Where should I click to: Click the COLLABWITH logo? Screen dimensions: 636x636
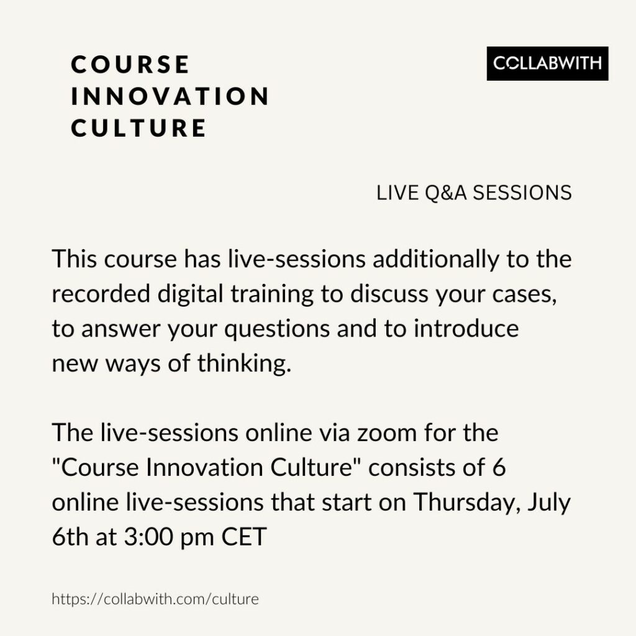547,63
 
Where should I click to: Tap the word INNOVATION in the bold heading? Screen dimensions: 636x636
170,96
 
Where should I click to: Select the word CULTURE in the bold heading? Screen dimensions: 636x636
139,128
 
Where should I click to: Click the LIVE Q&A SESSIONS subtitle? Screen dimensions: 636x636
474,193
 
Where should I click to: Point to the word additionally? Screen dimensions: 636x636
435,259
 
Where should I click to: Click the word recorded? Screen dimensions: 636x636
101,293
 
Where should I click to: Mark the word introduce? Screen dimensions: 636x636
466,328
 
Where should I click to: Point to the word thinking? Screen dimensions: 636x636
245,364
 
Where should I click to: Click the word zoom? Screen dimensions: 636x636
386,434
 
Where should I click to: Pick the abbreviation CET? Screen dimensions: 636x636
243,537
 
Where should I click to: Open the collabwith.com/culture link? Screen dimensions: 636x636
155,599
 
